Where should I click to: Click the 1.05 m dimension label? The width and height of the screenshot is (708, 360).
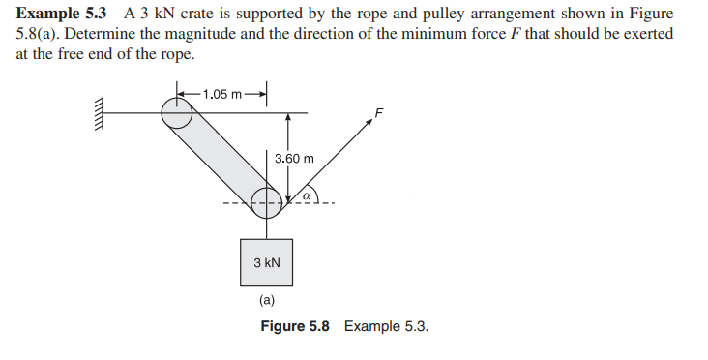(x=219, y=94)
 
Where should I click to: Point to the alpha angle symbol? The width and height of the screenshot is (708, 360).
(x=305, y=195)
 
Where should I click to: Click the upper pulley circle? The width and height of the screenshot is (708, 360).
(x=177, y=112)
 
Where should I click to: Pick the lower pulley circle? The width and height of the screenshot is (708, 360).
(x=267, y=202)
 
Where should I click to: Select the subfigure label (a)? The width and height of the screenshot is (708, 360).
(x=267, y=301)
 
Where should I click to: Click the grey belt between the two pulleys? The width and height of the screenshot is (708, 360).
(x=221, y=157)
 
